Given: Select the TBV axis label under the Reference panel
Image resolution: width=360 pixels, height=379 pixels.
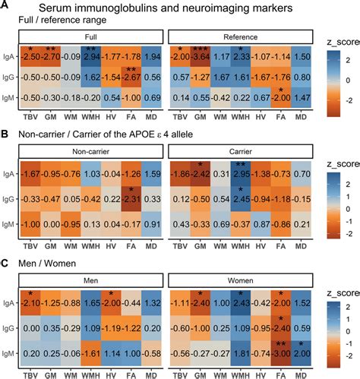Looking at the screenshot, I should tap(178, 118).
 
